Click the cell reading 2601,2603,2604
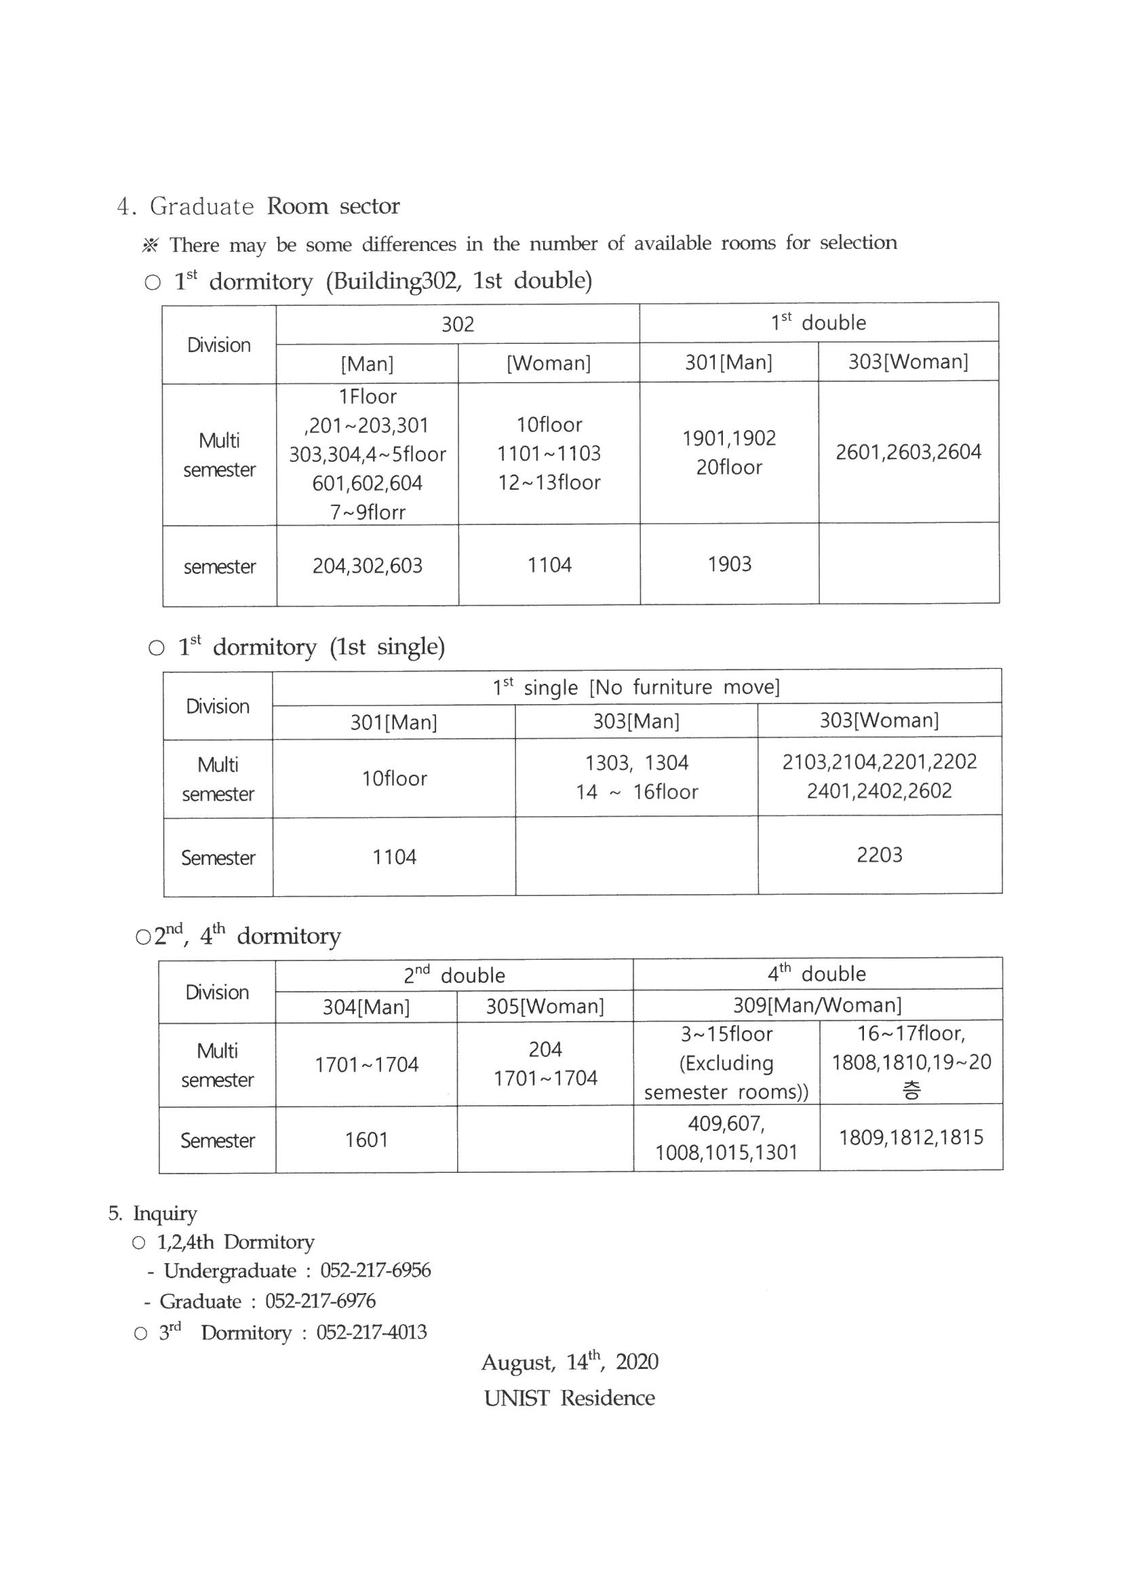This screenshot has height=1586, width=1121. tap(907, 452)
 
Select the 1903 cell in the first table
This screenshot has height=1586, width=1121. tap(730, 564)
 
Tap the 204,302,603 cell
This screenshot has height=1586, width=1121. tap(367, 566)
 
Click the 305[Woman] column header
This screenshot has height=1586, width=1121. tap(545, 1006)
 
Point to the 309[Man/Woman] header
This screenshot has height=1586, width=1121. tap(817, 1005)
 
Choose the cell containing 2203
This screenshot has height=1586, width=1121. tap(880, 855)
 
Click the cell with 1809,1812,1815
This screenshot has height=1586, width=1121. tap(911, 1138)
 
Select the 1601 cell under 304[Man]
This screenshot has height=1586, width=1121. tap(366, 1139)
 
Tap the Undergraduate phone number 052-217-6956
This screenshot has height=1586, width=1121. tap(375, 1271)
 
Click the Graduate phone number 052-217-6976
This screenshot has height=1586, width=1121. tap(321, 1300)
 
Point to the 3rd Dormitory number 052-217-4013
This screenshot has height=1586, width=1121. tap(372, 1332)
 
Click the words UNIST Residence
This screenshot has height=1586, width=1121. tap(569, 1398)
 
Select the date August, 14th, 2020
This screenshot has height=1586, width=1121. tap(569, 1362)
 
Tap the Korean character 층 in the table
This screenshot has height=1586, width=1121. tap(911, 1091)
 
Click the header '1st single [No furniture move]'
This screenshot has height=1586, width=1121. tap(635, 687)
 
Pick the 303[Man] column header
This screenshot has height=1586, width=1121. tap(636, 721)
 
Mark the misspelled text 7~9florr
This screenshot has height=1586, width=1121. tap(367, 512)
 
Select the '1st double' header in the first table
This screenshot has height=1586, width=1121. tap(818, 323)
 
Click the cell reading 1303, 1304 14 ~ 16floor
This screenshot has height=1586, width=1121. tap(636, 777)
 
